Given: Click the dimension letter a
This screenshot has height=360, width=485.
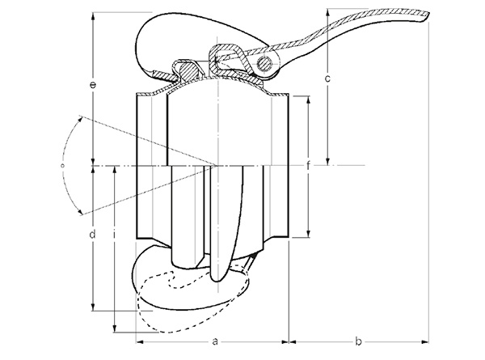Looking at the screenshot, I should click(x=216, y=341).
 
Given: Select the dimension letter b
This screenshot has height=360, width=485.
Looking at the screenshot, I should click(x=358, y=341).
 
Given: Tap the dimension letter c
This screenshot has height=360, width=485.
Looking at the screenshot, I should click(x=327, y=79).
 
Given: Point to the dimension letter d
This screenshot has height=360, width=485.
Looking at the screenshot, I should click(x=93, y=235).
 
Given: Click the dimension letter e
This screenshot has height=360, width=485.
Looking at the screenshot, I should click(x=95, y=84).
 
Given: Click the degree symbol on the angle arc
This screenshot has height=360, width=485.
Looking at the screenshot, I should click(x=61, y=164).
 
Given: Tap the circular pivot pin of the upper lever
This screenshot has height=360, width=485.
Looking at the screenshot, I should click(x=264, y=63).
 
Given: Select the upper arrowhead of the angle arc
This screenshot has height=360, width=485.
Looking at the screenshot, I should click(x=82, y=117).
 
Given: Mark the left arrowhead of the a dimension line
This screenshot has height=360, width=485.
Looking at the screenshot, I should click(x=137, y=341).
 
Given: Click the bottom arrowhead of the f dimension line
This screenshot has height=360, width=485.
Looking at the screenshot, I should click(x=308, y=237).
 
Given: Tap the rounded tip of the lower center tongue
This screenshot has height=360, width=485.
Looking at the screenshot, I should click(x=216, y=279).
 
